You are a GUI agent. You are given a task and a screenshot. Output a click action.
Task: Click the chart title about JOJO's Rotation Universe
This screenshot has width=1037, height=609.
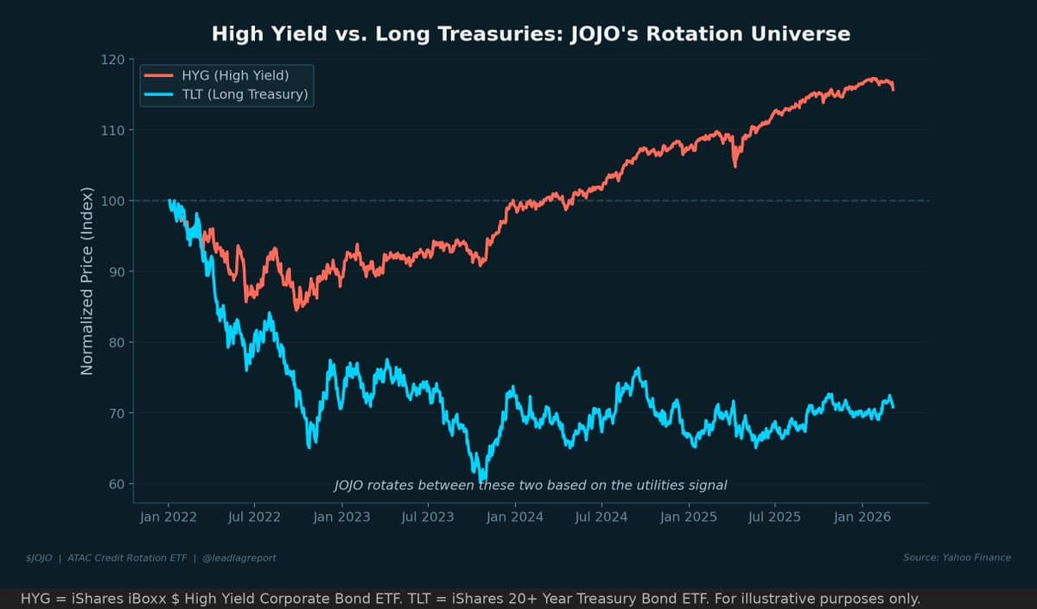[x=531, y=34]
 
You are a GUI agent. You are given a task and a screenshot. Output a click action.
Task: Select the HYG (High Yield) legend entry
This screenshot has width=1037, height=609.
[x=234, y=75]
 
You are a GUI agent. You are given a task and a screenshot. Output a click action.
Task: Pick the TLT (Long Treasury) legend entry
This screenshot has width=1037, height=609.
[x=245, y=94]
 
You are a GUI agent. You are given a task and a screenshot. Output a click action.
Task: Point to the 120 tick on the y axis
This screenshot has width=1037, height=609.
[x=112, y=60]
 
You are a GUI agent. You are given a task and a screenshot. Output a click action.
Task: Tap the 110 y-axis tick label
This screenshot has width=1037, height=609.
[x=112, y=130]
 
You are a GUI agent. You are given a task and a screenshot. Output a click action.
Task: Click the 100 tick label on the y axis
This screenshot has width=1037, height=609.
[x=112, y=201]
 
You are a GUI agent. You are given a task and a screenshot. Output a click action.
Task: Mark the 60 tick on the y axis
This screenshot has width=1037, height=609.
[x=115, y=484]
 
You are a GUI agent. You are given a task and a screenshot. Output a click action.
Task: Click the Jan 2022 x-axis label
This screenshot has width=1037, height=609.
[x=168, y=517]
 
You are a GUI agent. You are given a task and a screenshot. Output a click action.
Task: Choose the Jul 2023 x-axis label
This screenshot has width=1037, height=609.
[x=428, y=517]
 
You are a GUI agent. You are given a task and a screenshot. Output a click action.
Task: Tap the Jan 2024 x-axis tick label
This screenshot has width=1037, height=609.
[x=515, y=517]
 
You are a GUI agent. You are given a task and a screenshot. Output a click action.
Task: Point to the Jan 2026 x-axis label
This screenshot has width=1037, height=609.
[x=862, y=517]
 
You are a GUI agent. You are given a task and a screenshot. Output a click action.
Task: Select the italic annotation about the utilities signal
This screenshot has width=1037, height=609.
[x=530, y=485]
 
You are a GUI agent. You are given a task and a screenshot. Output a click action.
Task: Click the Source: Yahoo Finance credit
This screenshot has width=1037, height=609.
[x=957, y=557]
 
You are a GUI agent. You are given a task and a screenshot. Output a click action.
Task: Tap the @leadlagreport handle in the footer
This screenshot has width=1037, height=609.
[x=239, y=558]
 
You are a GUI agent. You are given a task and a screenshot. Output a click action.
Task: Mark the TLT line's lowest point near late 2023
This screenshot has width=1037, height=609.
[x=482, y=479]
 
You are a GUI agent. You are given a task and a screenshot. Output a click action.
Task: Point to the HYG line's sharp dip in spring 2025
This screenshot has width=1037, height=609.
[x=735, y=164]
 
